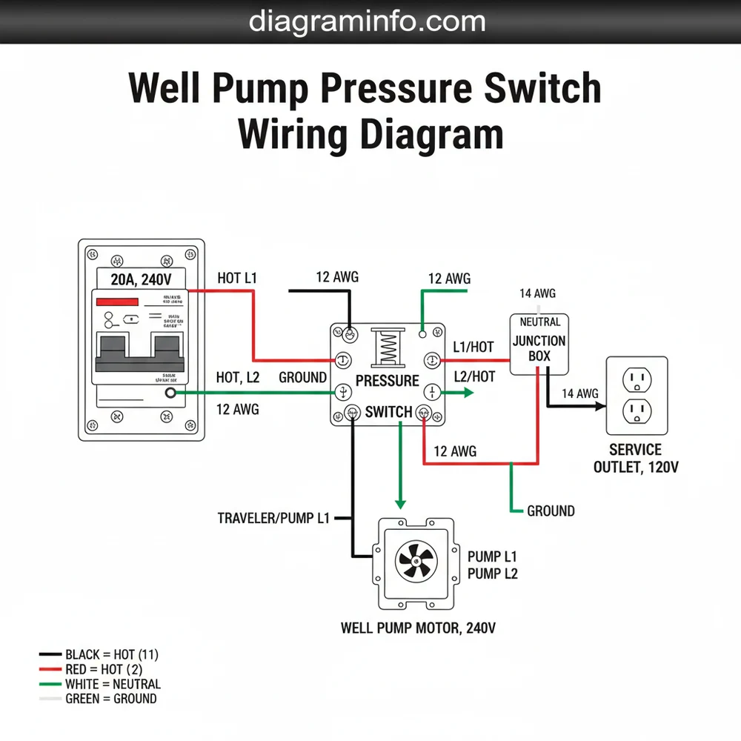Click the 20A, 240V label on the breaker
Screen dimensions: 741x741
[x=141, y=279]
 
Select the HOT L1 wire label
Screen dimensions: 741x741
[x=237, y=279]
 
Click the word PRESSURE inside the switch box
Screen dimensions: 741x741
[x=387, y=381]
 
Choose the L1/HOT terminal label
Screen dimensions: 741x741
[x=473, y=347]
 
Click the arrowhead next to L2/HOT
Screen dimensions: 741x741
[x=468, y=393]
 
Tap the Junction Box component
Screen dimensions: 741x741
[x=539, y=342]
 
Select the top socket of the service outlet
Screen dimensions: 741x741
[x=637, y=380]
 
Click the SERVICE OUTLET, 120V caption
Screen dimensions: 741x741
[x=636, y=458]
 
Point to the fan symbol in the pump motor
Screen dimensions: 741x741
[x=415, y=561]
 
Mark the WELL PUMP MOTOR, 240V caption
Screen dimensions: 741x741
[x=418, y=628]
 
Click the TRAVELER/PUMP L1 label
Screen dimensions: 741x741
[x=273, y=519]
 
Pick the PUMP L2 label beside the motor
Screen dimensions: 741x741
[x=492, y=574]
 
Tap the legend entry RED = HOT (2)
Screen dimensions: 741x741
[x=104, y=670]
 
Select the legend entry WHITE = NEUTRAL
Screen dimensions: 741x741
[x=113, y=684]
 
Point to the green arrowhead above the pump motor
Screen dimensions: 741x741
[x=400, y=504]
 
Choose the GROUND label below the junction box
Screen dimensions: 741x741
[x=551, y=511]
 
